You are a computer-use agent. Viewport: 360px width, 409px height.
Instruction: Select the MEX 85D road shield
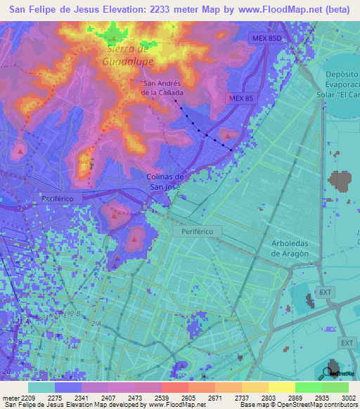[265, 38]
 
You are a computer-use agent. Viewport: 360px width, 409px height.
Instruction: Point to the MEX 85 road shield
[240, 98]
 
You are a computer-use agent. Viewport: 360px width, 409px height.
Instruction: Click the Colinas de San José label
[165, 182]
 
